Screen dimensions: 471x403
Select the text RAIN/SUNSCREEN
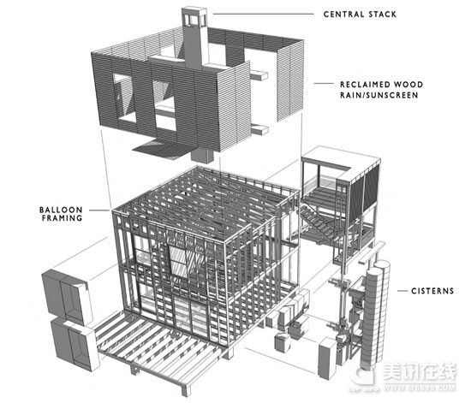[x=379, y=95]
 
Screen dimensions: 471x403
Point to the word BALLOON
[x=61, y=210]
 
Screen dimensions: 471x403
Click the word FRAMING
[x=62, y=218]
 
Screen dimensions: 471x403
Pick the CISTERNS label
[x=432, y=291]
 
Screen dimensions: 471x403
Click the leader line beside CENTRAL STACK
[x=264, y=14]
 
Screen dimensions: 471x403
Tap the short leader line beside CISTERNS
[x=402, y=291]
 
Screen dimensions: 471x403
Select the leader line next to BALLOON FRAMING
[x=99, y=210]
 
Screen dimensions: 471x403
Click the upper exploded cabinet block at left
[x=69, y=295]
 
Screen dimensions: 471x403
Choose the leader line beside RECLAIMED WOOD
[x=324, y=83]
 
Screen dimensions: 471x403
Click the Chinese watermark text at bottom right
[x=419, y=372]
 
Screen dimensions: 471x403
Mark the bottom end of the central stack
[x=202, y=160]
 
